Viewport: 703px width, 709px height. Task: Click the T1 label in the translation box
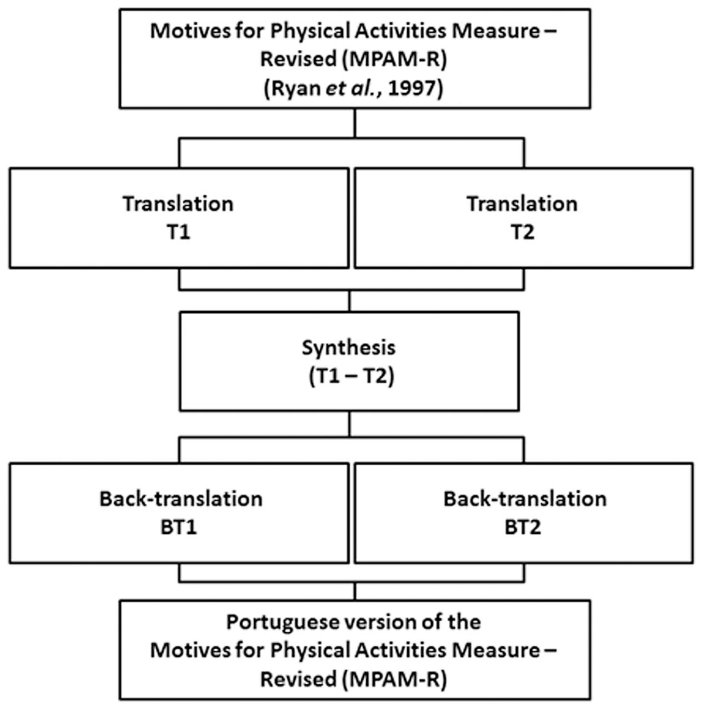[178, 233]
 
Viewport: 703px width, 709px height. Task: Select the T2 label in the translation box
[522, 233]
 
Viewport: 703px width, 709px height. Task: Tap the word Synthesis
[349, 347]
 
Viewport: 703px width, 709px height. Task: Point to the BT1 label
[179, 527]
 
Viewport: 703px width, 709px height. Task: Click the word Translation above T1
[178, 204]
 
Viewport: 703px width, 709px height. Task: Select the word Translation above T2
[522, 204]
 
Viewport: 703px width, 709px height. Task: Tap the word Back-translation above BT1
[181, 499]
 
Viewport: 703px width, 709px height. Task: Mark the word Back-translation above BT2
[525, 499]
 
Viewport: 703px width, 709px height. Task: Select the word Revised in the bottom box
[297, 679]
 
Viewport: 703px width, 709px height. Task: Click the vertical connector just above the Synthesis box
[350, 301]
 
